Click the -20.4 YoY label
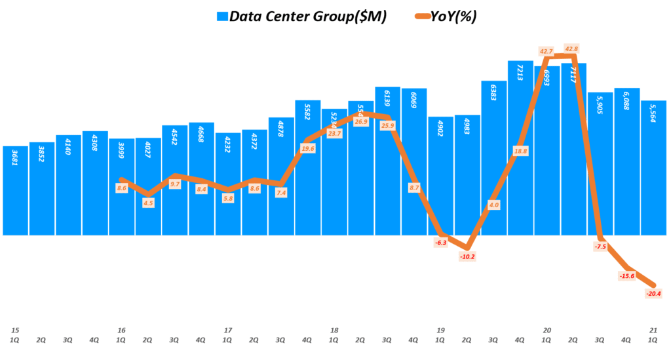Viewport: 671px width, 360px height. pos(653,294)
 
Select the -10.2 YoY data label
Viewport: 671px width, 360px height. pos(467,256)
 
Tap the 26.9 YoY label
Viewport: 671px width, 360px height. pos(360,122)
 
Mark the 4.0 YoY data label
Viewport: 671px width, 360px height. pos(493,205)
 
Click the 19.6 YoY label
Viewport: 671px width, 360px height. pos(307,149)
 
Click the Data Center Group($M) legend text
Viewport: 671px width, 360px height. pos(307,16)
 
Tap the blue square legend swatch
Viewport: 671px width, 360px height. pos(221,16)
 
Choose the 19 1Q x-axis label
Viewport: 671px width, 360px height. pos(440,335)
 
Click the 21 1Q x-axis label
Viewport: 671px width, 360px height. pos(653,335)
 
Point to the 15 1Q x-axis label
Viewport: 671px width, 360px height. pos(16,335)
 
